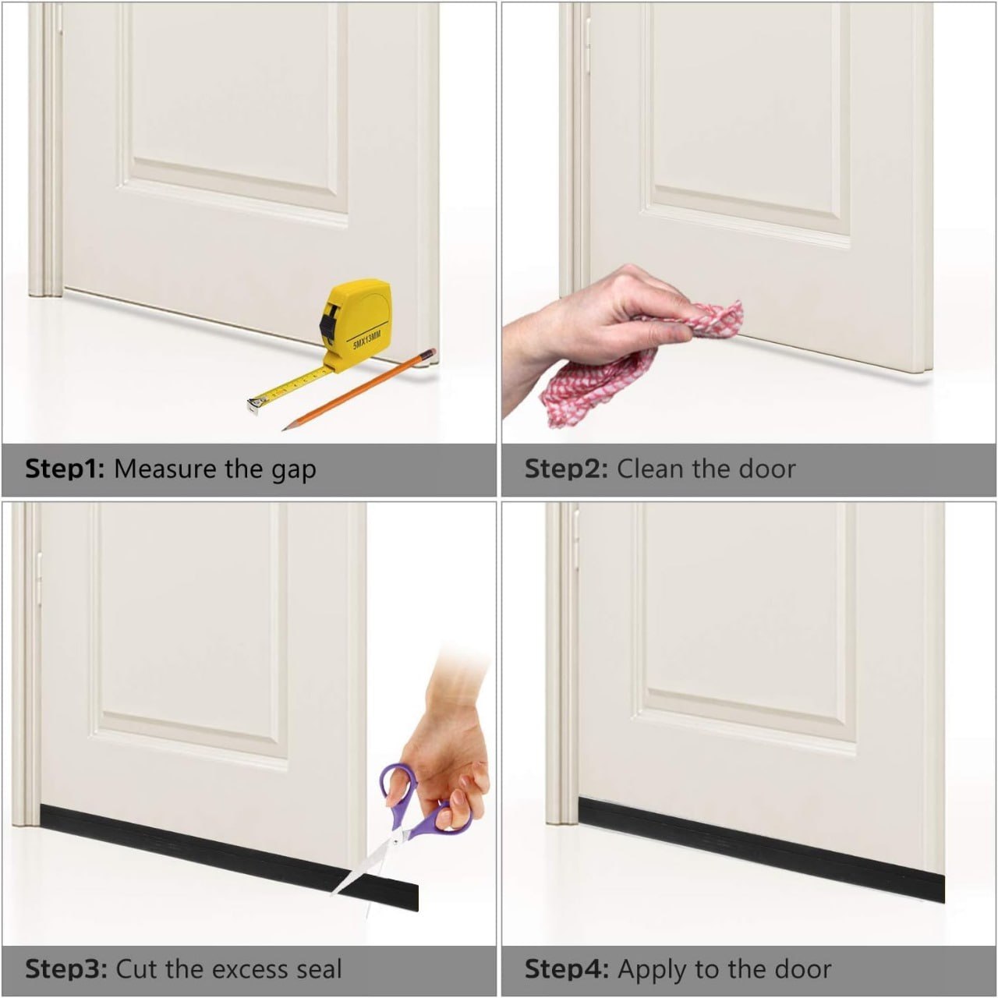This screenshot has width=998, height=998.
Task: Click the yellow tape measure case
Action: pos(356,326)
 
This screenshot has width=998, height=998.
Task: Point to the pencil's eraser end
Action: pos(430,353)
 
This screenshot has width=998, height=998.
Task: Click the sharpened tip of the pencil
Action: pos(284,429)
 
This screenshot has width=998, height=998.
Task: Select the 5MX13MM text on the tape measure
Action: pos(366,340)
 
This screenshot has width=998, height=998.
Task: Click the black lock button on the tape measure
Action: pos(327,324)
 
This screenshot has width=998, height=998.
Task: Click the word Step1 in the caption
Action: pos(65,469)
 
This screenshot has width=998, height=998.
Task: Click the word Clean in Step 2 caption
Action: pos(649,469)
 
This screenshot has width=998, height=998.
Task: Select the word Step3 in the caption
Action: pos(66,969)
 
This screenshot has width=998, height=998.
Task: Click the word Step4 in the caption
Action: pos(567,969)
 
